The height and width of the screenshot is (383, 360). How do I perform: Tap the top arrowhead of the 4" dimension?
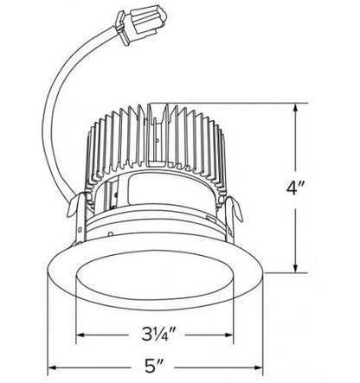click(x=299, y=108)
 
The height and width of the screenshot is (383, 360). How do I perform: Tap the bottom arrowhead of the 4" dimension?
click(x=299, y=269)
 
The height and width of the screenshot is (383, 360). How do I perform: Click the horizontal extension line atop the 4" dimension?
click(x=260, y=104)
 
